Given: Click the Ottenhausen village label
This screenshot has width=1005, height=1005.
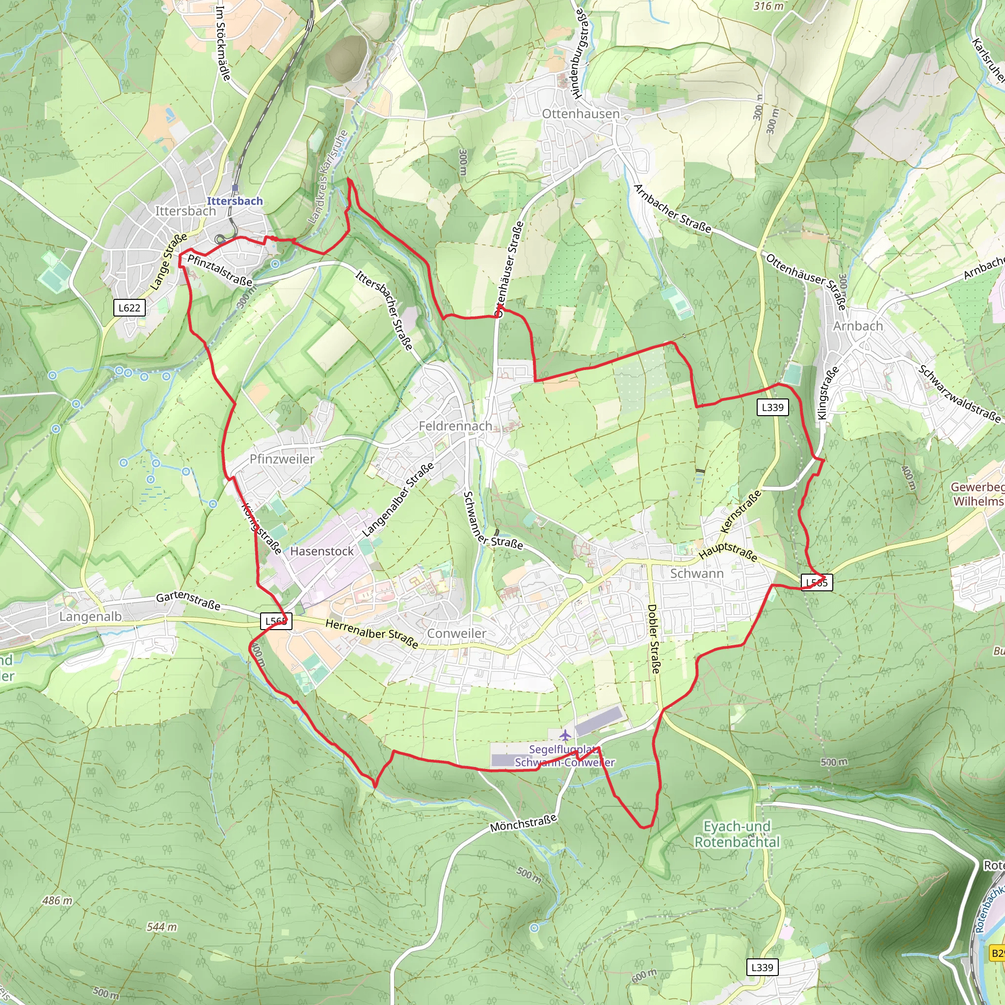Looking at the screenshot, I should click(x=581, y=113).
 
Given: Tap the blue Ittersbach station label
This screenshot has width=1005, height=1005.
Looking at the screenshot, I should click(x=235, y=201).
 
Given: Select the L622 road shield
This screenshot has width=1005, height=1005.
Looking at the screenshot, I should click(x=129, y=307).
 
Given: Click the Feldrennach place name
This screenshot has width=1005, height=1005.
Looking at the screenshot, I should click(x=455, y=426).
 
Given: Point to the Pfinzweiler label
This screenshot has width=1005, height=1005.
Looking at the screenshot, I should click(x=282, y=459).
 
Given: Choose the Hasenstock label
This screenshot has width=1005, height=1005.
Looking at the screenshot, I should click(x=321, y=551).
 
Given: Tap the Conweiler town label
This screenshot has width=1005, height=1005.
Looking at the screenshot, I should click(x=456, y=633).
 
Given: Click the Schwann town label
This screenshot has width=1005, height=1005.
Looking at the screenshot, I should click(x=696, y=573).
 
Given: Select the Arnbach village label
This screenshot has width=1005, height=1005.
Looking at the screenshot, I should click(x=858, y=326).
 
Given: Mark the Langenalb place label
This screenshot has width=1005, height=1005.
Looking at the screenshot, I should click(x=90, y=616).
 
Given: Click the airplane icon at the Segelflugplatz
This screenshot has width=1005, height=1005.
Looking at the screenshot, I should click(x=565, y=736).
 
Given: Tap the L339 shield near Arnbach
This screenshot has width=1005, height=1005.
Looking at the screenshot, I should click(x=772, y=407).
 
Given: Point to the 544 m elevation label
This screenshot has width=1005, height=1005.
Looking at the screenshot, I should click(x=161, y=927).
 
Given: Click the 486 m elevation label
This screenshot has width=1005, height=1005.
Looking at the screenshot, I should click(x=58, y=900).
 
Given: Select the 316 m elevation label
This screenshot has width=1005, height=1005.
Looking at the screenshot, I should click(x=768, y=6).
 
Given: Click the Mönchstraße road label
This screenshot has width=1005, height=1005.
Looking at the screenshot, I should click(x=523, y=823).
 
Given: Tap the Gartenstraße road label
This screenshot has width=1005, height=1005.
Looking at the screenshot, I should click(x=188, y=601).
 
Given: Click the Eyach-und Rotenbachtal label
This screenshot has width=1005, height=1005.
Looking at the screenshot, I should click(x=737, y=834).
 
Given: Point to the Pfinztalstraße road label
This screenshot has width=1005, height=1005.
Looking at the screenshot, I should click(x=219, y=270).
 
